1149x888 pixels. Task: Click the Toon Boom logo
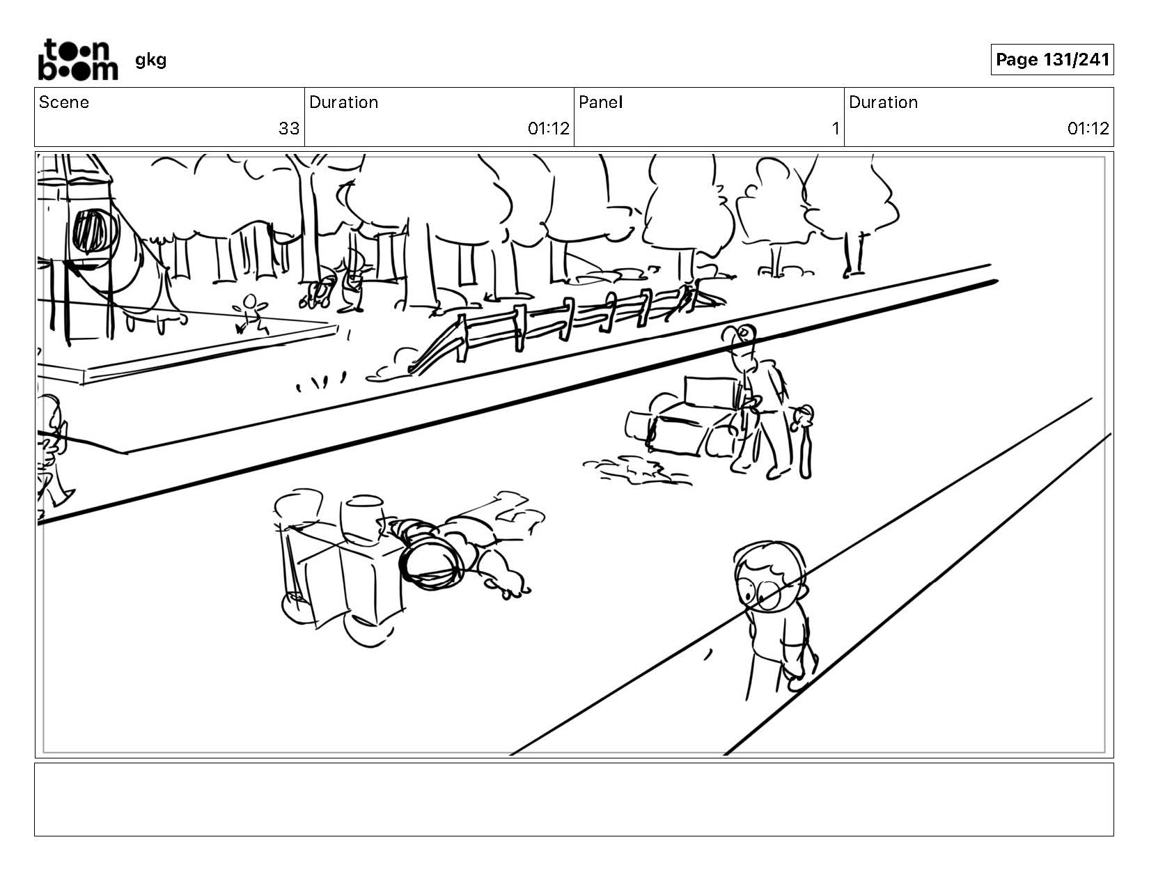(77, 60)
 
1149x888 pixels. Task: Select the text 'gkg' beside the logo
(150, 60)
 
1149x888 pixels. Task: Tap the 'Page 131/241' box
(1052, 60)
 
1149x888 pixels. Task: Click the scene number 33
(289, 129)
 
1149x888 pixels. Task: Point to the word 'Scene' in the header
(64, 102)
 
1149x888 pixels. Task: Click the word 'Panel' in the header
(600, 102)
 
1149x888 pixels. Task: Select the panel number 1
(835, 129)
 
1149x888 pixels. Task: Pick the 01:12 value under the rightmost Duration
(1088, 129)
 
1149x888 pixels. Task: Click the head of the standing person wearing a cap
(742, 341)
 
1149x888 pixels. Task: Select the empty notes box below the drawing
(574, 799)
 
